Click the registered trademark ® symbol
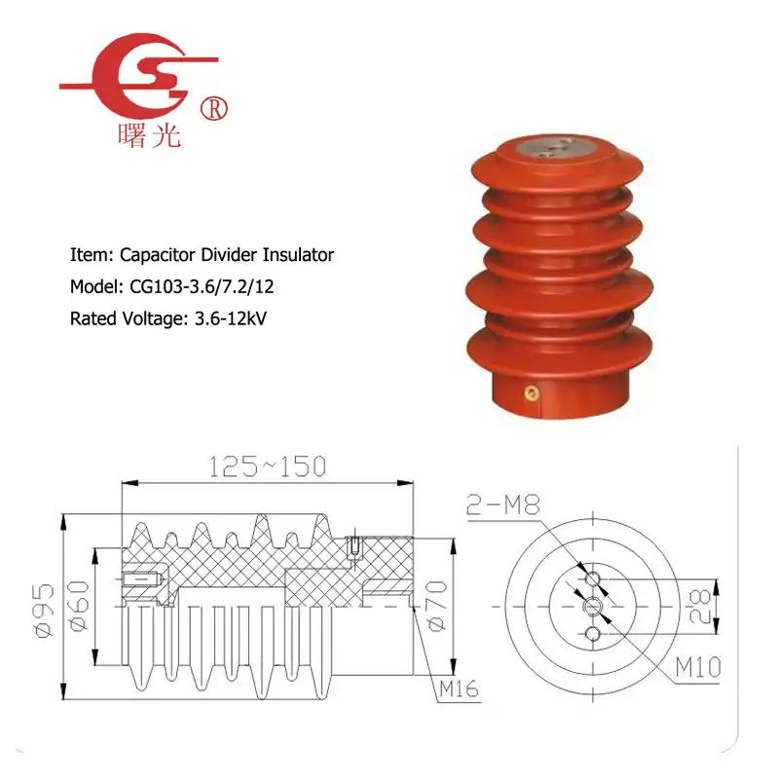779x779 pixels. [x=214, y=109]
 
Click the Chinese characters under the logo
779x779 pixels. [x=149, y=135]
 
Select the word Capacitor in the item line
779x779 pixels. [x=158, y=255]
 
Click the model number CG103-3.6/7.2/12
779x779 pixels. [x=202, y=286]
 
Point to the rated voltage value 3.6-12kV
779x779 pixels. [x=231, y=318]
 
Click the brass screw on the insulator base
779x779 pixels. [x=532, y=393]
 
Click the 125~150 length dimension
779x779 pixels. [x=267, y=466]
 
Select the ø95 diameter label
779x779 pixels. [x=44, y=611]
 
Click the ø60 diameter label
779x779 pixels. [x=79, y=606]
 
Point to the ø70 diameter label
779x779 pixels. [x=436, y=606]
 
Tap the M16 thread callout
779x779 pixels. [x=459, y=689]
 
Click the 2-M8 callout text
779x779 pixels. [x=503, y=505]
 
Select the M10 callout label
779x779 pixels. [x=698, y=667]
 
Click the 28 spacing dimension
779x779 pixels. [x=700, y=606]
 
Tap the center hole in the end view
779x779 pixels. [x=593, y=607]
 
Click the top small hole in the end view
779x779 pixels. [x=593, y=578]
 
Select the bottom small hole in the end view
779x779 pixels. [x=593, y=635]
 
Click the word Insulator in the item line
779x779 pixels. [x=298, y=255]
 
